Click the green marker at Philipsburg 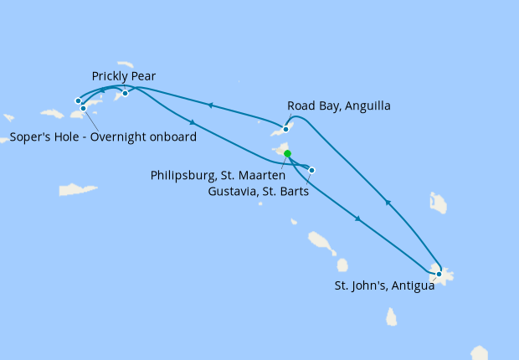click(287, 153)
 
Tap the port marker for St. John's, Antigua click(439, 274)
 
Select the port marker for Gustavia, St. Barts click(312, 171)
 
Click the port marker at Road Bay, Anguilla click(286, 129)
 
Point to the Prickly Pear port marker click(125, 93)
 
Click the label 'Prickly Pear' click(124, 76)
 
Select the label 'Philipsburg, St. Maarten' click(215, 176)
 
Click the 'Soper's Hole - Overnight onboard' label click(104, 137)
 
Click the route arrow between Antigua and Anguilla click(387, 202)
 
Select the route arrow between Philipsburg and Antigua click(357, 219)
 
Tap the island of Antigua click(440, 274)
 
